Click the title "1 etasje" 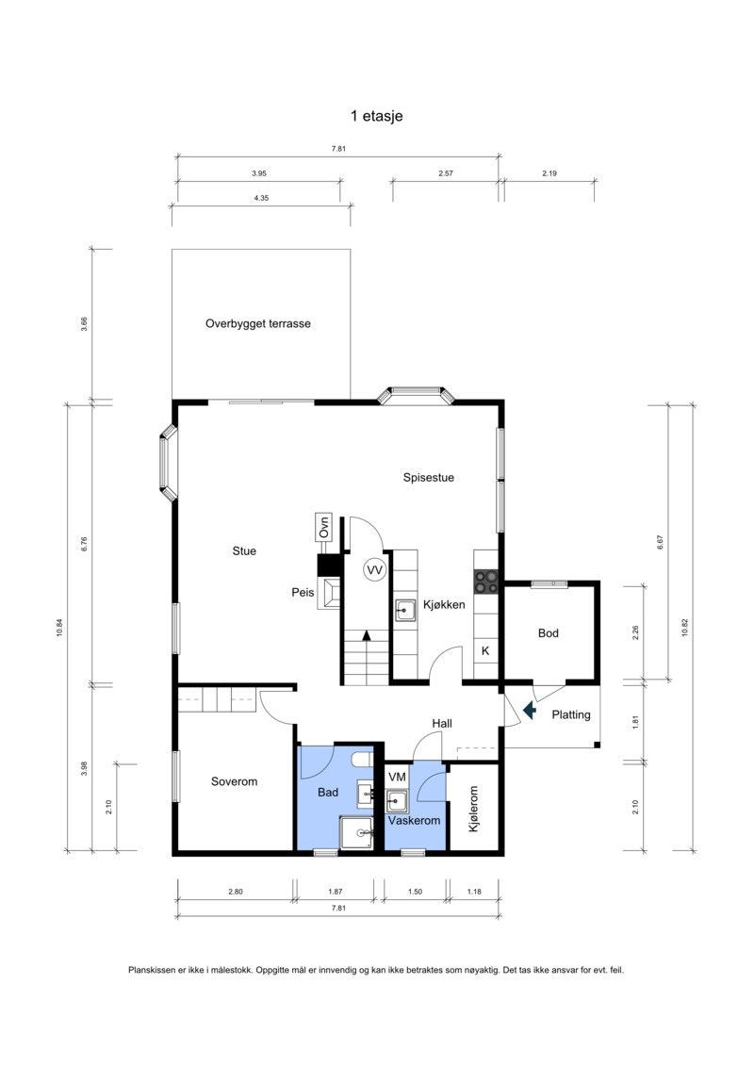[x=377, y=116]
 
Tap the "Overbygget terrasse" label [x=257, y=323]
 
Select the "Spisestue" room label [x=428, y=477]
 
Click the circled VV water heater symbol [x=374, y=569]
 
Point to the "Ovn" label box [x=324, y=527]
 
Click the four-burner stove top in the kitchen [x=486, y=582]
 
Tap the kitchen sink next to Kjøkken [x=406, y=611]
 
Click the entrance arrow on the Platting [x=529, y=711]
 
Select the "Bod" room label [x=548, y=633]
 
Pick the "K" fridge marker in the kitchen [x=485, y=650]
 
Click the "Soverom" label [x=234, y=781]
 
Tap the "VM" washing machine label [x=397, y=777]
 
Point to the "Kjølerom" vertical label [x=473, y=809]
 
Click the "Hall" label [x=442, y=723]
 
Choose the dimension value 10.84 [x=59, y=627]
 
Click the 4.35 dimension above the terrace [x=261, y=198]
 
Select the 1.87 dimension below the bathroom [x=336, y=892]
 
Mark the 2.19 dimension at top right [x=549, y=173]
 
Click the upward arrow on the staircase [x=367, y=635]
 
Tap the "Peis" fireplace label [x=303, y=592]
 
